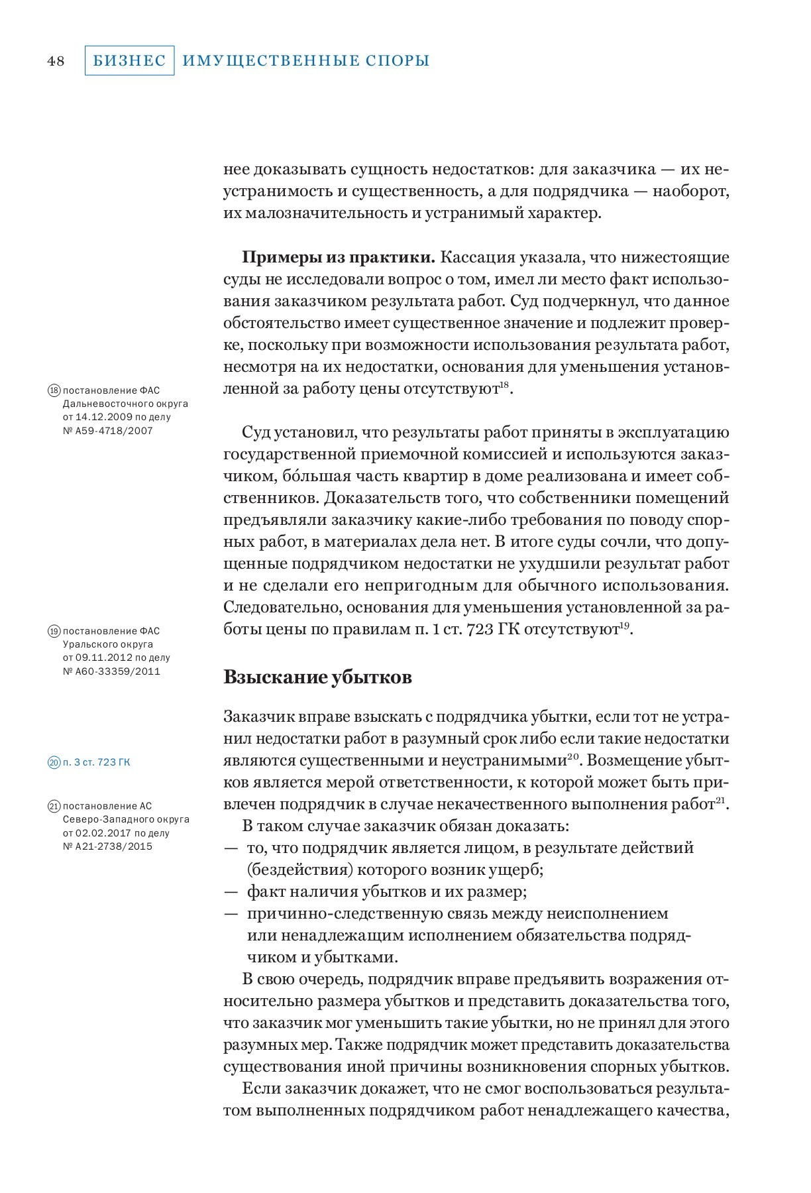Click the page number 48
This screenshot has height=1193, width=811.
coord(56,61)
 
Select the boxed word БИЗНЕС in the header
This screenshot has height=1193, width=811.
coord(129,61)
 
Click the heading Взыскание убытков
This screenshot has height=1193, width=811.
coord(318,677)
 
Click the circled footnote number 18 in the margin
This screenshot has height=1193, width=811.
coord(54,390)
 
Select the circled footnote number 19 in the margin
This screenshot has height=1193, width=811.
coord(54,631)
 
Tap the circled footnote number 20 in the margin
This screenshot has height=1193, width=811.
coord(54,762)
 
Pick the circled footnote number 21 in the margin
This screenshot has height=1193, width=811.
coord(54,807)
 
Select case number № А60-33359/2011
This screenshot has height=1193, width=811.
coord(111,671)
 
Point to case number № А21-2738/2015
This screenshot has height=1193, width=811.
coord(107,846)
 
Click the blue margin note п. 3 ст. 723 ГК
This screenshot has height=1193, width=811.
coord(97,762)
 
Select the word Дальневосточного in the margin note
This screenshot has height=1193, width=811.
coord(107,404)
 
